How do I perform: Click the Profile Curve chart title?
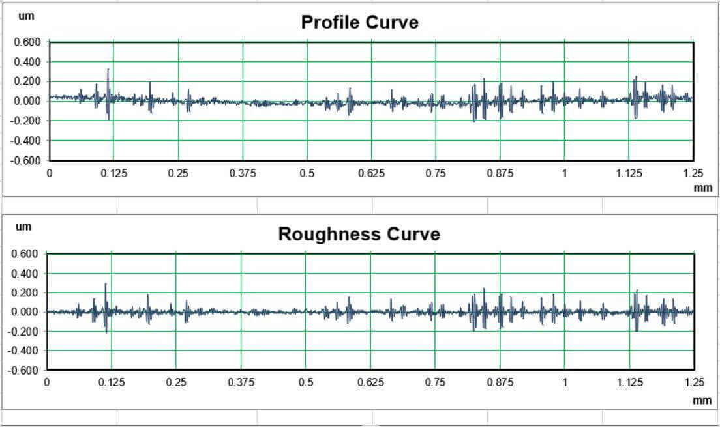point(359,22)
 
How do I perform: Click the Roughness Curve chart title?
point(359,234)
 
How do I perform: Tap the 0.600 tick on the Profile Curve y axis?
point(27,42)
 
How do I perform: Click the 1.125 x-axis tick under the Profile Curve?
point(629,173)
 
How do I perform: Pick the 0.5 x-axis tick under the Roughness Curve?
point(306,382)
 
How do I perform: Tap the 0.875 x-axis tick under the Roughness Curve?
point(500,382)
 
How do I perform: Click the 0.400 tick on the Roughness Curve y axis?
point(27,274)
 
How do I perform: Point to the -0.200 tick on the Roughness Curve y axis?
point(26,332)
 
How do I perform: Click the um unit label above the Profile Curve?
point(26,16)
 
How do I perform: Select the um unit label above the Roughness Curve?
point(23,227)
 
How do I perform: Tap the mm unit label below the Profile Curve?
point(702,187)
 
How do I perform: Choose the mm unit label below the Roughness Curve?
point(702,400)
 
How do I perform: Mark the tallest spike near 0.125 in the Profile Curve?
point(108,70)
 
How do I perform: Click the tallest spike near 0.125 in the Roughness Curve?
point(105,285)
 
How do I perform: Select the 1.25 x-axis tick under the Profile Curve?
point(693,173)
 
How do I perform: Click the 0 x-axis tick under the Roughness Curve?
point(46,382)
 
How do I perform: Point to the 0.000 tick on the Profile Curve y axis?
point(27,101)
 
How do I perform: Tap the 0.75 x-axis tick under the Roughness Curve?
point(436,382)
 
